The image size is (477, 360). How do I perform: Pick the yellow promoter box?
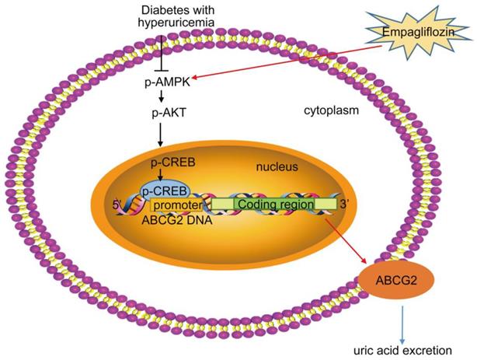click(x=176, y=204)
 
